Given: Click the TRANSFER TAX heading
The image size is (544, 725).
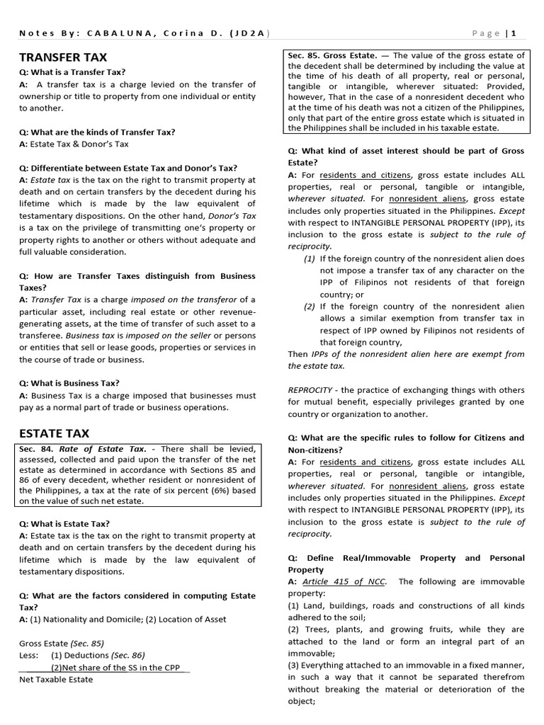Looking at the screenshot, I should click(x=64, y=57).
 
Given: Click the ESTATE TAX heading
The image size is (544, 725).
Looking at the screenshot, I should click(x=55, y=433).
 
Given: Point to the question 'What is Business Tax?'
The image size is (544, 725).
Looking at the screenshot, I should click(x=69, y=383).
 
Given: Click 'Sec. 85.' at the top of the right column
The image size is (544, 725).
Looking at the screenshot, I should click(x=303, y=55).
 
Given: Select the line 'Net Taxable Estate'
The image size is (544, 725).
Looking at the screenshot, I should click(x=56, y=679).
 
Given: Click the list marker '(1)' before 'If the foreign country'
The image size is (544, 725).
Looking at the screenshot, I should click(x=310, y=258).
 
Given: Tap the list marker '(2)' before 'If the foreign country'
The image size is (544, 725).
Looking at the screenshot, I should click(x=310, y=307).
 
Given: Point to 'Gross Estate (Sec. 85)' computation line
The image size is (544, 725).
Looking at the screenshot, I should click(x=62, y=643).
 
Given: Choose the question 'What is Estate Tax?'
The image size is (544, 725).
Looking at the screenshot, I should click(x=64, y=523).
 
